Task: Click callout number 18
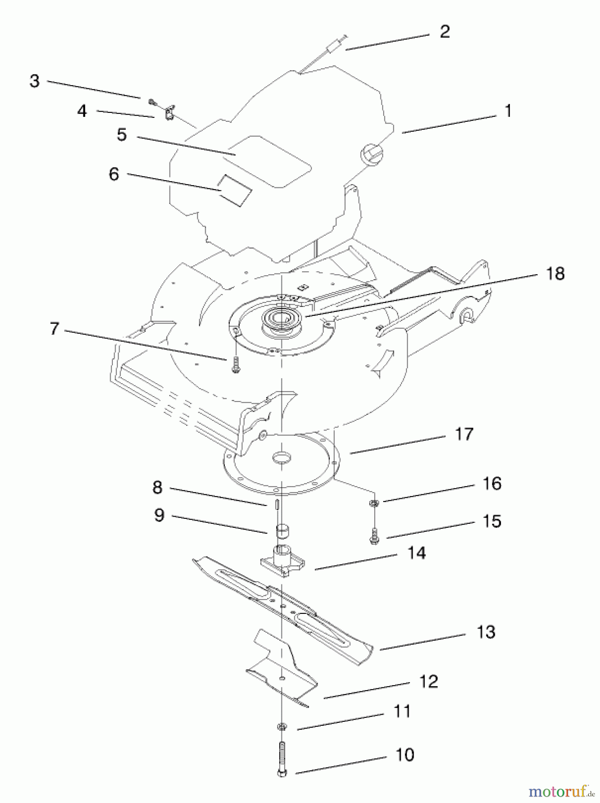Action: (555, 273)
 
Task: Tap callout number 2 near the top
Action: (445, 32)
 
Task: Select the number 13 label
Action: (486, 632)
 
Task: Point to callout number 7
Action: (54, 329)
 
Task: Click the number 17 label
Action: (464, 434)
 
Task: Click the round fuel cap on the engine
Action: (371, 154)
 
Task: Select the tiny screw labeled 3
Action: (153, 101)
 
